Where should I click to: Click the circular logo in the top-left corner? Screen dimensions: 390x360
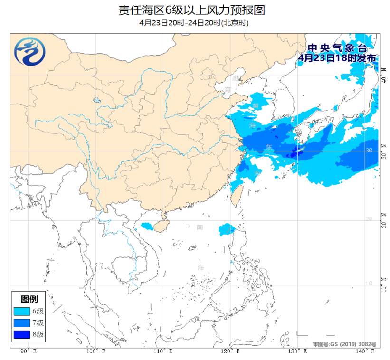click(x=29, y=51)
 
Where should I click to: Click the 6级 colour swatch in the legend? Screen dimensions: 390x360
click(x=21, y=312)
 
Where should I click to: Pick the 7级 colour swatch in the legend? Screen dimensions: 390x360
click(x=21, y=323)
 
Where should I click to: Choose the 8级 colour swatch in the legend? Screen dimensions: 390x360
click(x=21, y=334)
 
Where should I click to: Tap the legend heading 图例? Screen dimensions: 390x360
click(x=29, y=299)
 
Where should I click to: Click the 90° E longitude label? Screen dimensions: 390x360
click(x=29, y=351)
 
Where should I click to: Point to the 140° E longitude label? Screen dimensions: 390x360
click(x=365, y=351)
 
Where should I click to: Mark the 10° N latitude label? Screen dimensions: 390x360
click(x=384, y=284)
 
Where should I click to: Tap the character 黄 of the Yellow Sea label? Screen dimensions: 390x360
click(x=256, y=105)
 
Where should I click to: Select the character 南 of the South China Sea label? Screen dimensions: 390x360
click(x=201, y=227)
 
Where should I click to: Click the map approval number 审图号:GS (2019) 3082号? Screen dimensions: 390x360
click(x=344, y=343)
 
